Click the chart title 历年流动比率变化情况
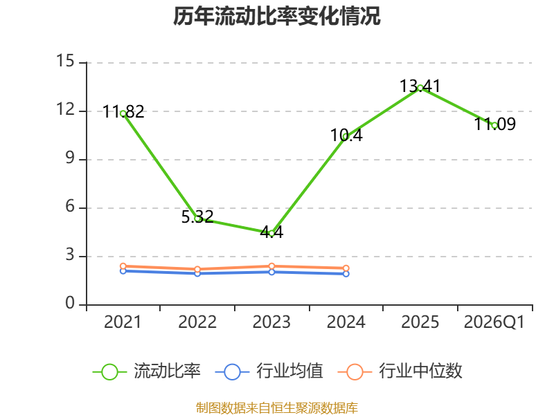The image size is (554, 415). (x=276, y=16)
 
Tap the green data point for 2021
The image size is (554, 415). (x=123, y=113)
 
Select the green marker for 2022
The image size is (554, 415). (x=197, y=219)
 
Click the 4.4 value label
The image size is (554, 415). (x=271, y=232)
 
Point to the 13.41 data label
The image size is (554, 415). (x=420, y=86)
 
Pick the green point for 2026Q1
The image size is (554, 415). (x=494, y=125)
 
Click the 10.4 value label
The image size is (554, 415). (x=346, y=135)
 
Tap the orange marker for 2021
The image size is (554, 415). (x=123, y=266)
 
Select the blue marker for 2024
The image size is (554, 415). (x=346, y=274)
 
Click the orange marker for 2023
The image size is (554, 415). (x=271, y=266)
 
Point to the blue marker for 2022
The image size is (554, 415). (x=197, y=273)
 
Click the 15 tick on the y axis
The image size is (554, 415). (x=65, y=61)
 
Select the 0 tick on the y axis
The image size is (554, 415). (x=70, y=303)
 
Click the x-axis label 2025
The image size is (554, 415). (x=420, y=322)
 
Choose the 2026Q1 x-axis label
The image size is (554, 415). (x=494, y=322)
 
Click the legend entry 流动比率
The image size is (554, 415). (x=147, y=371)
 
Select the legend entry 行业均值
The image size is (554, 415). (x=269, y=371)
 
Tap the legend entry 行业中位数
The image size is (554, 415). (x=400, y=371)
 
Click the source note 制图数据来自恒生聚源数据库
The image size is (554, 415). (x=277, y=407)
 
